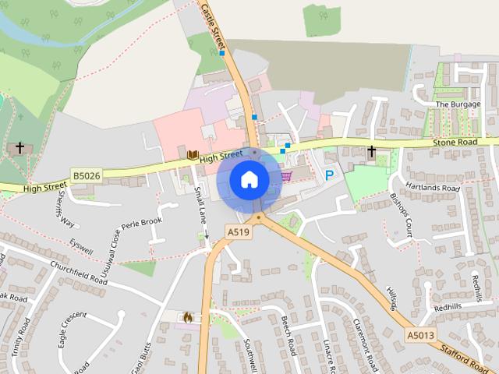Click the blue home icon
click(x=249, y=180)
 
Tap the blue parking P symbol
click(x=329, y=176)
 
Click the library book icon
click(x=192, y=154)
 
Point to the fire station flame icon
click(x=187, y=317)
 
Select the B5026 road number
click(x=87, y=176)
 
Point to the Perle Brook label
click(x=141, y=227)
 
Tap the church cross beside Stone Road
click(x=372, y=151)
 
